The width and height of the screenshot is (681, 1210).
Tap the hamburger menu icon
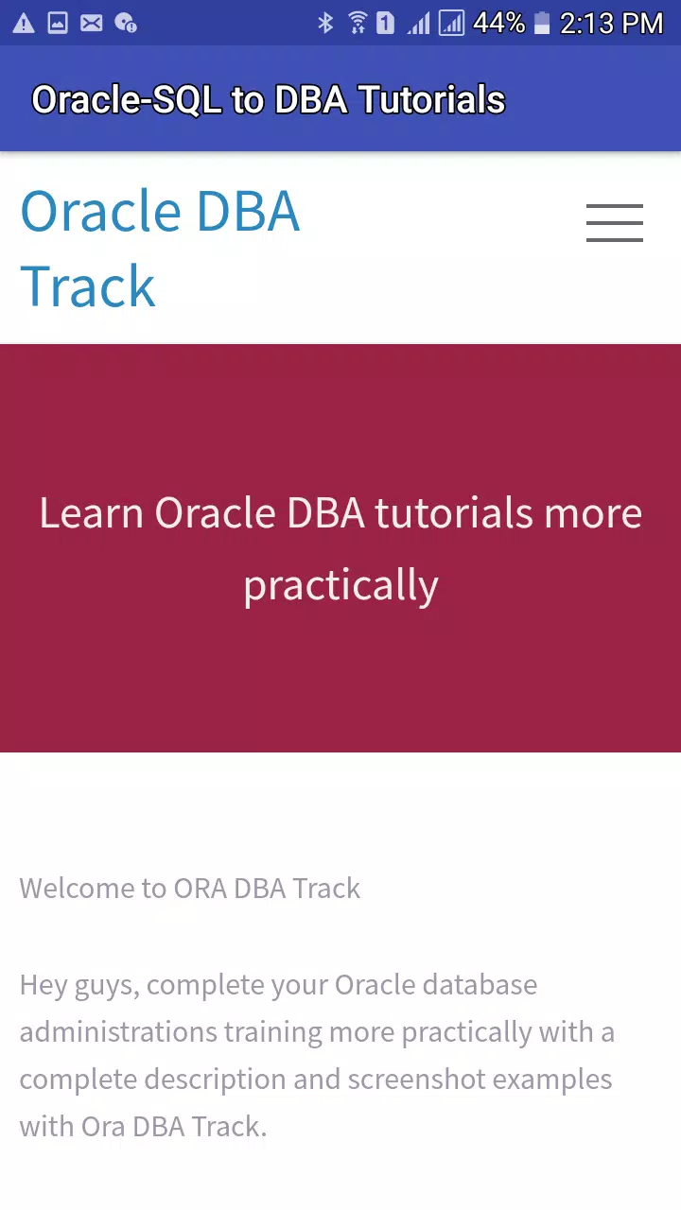click(615, 222)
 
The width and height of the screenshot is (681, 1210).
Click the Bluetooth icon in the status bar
click(325, 24)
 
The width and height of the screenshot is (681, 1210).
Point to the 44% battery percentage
click(498, 24)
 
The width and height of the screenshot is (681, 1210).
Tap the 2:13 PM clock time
click(611, 24)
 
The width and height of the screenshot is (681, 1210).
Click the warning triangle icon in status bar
click(24, 24)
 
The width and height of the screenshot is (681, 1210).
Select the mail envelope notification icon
click(92, 24)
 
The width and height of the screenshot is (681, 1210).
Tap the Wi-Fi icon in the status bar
click(358, 24)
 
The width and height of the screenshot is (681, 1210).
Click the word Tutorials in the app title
click(433, 99)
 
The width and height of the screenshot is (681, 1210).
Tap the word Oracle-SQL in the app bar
click(127, 100)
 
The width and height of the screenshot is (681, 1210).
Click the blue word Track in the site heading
click(88, 285)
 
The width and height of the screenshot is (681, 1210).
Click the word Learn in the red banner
click(92, 512)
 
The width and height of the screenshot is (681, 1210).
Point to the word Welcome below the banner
click(78, 888)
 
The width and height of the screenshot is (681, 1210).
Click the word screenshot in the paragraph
click(417, 1080)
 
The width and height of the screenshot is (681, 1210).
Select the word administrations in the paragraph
click(118, 1031)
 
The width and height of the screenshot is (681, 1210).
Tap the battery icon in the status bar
click(542, 24)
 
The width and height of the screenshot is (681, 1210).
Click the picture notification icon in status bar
click(58, 24)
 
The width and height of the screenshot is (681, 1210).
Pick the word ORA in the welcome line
click(200, 888)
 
